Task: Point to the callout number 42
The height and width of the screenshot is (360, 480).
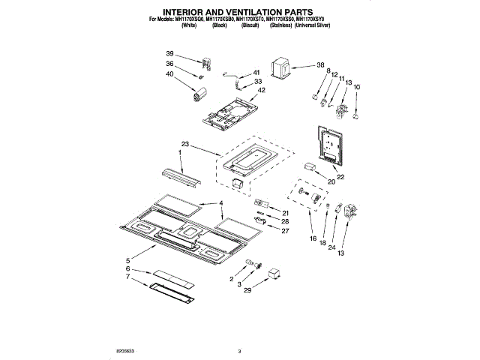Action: coord(261,91)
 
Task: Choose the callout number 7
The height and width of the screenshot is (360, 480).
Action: coord(127,277)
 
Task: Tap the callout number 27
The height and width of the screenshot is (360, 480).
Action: coord(285,231)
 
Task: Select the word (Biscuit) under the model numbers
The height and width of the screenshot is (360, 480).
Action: coord(250,25)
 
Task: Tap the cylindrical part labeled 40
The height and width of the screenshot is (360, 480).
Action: coord(199,93)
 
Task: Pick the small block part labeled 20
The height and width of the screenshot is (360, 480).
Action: coord(312,167)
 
